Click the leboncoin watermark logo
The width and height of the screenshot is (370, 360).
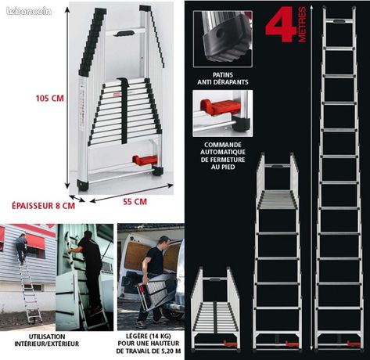tap(29, 11)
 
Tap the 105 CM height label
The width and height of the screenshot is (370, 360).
tap(50, 99)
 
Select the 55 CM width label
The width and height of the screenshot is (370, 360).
tap(135, 202)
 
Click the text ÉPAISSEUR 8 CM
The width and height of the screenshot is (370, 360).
tap(43, 206)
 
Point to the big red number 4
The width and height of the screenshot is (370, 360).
tap(281, 24)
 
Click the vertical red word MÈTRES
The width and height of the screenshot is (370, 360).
tap(302, 24)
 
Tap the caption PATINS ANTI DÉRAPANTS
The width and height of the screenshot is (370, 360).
tap(223, 78)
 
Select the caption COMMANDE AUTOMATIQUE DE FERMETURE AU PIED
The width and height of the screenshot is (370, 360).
tap(223, 156)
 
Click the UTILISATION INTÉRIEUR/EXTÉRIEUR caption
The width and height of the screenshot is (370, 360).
tap(47, 340)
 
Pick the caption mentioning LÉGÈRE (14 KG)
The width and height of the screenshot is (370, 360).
tap(149, 344)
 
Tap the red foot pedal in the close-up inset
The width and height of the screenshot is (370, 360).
tap(220, 107)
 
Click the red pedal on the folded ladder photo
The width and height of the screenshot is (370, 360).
tap(145, 160)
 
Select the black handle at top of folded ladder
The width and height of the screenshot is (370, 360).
tap(125, 34)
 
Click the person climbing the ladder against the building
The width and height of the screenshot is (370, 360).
tap(22, 248)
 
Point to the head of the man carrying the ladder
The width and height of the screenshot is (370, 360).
tap(164, 241)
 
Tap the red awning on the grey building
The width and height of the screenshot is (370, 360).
tap(35, 241)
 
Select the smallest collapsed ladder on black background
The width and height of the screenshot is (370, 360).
tap(215, 309)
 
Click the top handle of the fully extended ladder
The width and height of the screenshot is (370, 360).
tap(339, 22)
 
